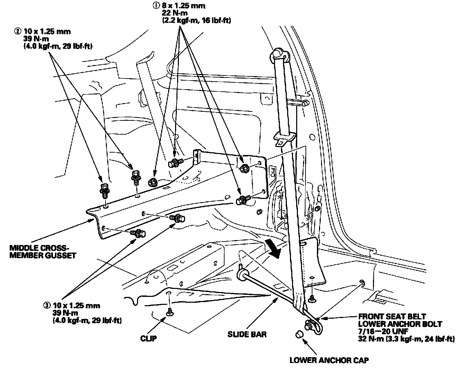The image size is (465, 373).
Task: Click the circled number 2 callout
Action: (x=17, y=31)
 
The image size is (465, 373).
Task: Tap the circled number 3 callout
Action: (x=46, y=305)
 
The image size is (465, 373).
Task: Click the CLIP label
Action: (x=149, y=338)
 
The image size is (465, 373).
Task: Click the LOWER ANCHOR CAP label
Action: (x=329, y=360)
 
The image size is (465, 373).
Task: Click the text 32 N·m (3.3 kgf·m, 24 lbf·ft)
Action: (x=406, y=339)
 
